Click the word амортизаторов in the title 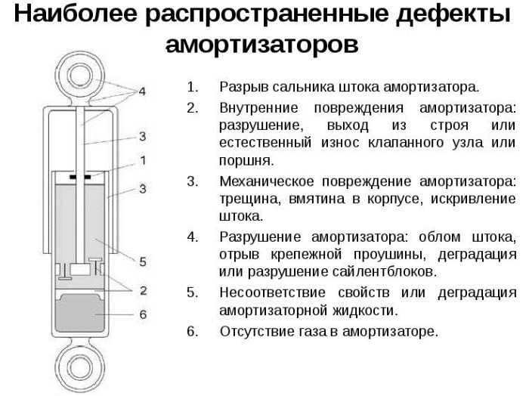[261, 44]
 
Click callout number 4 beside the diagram [142, 91]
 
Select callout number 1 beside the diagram [143, 160]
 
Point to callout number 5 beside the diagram [143, 261]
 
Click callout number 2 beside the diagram [144, 290]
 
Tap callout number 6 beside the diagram [143, 314]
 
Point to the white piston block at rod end [80, 269]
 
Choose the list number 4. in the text [193, 237]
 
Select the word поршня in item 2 [246, 161]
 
